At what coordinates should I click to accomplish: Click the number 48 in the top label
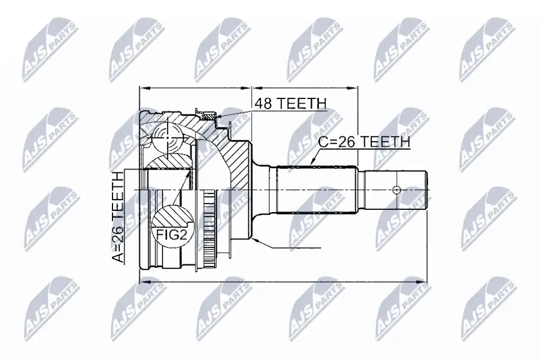263,103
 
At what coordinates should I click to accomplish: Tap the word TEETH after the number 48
301,103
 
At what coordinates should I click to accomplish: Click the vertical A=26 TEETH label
118,217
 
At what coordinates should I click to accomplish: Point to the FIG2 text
172,235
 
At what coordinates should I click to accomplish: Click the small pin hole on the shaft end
397,190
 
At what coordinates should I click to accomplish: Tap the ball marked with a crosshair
167,138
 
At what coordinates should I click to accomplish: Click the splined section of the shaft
316,190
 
